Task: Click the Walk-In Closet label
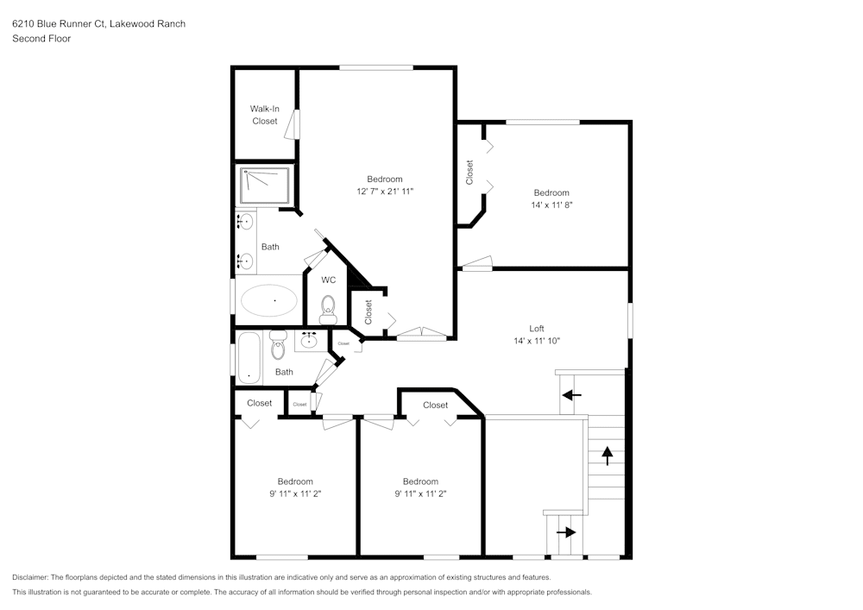click(x=264, y=115)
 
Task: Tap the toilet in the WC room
click(x=328, y=307)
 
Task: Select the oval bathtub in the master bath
click(x=268, y=300)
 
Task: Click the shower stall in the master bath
click(x=265, y=186)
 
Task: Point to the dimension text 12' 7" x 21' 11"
click(x=385, y=191)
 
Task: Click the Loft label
click(x=536, y=328)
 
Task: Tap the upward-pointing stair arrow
click(x=607, y=455)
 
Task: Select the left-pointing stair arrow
click(x=570, y=395)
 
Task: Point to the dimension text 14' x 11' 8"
click(x=551, y=205)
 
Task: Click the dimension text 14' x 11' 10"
click(x=536, y=341)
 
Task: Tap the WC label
click(x=328, y=280)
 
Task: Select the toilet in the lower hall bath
click(x=277, y=345)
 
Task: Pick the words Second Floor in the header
click(x=41, y=38)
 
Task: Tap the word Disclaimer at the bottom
click(x=30, y=577)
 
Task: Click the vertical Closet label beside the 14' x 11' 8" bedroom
click(x=469, y=173)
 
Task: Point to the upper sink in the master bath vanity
click(x=246, y=222)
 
